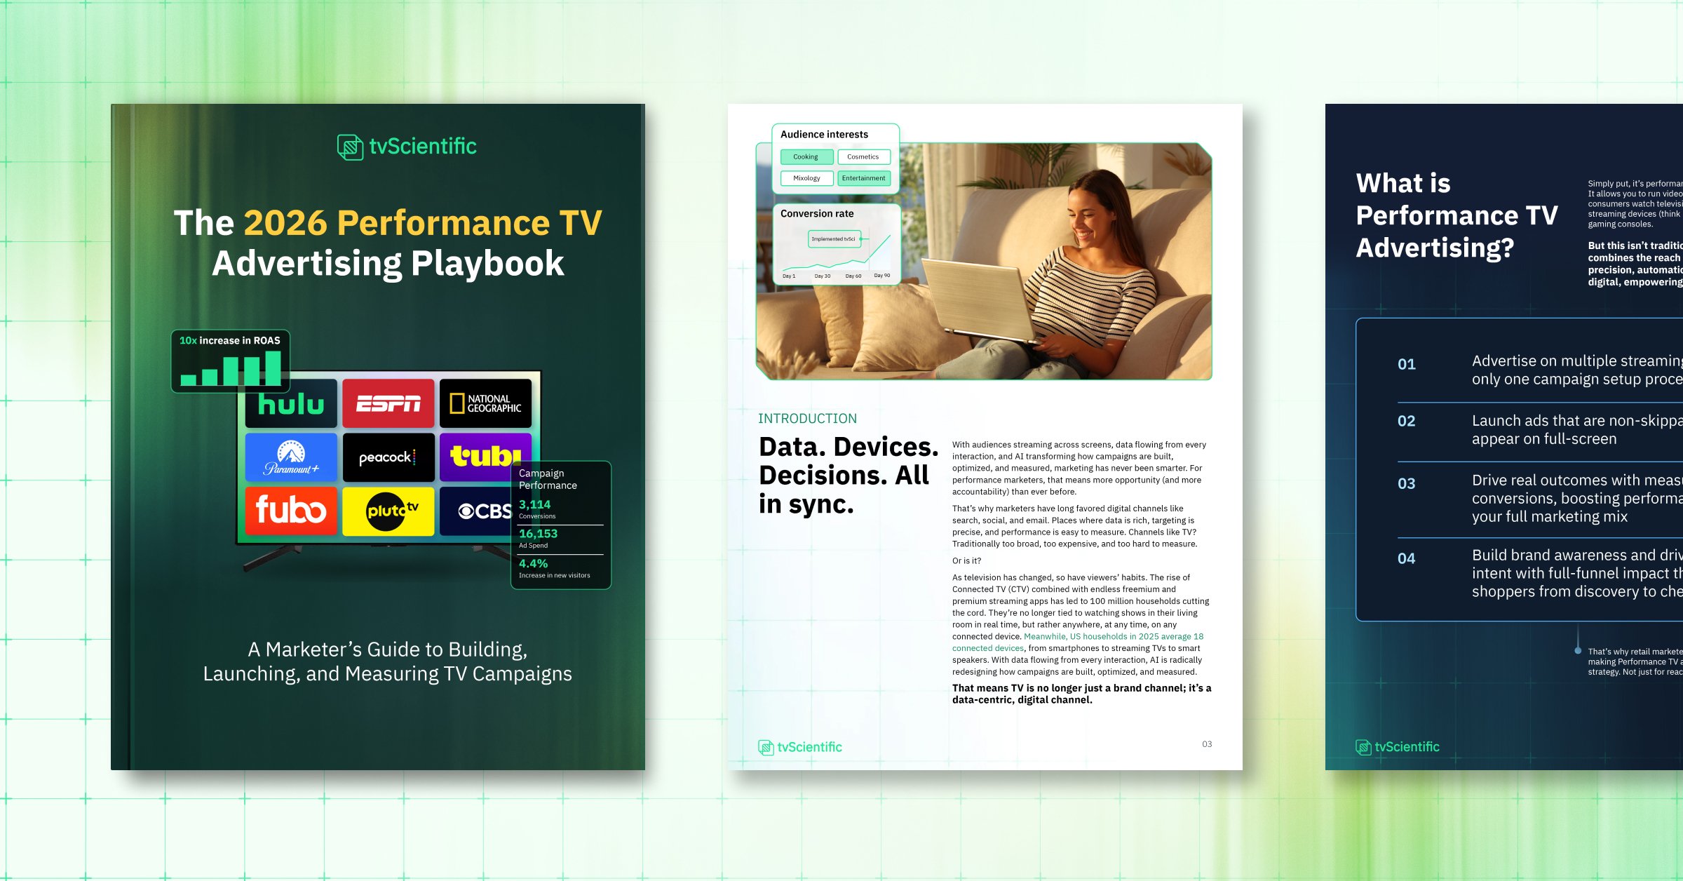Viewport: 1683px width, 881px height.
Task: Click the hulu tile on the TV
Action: coord(291,405)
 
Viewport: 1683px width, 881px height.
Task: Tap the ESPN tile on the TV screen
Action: coord(388,403)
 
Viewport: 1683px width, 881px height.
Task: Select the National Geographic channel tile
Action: coord(485,403)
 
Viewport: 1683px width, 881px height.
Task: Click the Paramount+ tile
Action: coord(291,457)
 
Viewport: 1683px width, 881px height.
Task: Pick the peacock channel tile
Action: coord(388,457)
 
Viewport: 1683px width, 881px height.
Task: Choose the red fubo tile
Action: coord(291,511)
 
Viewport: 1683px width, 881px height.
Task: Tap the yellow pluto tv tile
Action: coord(388,511)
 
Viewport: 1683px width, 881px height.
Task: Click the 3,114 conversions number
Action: coord(534,504)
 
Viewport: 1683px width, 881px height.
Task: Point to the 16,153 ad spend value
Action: coord(538,534)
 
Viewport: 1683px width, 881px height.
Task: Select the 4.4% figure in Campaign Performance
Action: coord(533,563)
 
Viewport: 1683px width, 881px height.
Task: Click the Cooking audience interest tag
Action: coord(806,157)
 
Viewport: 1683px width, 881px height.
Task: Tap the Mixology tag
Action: coord(806,178)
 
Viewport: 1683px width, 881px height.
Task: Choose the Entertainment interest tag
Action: coord(863,178)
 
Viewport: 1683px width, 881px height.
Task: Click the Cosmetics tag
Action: coord(863,157)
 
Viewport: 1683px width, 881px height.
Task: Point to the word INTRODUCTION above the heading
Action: coord(807,419)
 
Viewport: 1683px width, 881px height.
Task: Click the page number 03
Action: coord(1206,744)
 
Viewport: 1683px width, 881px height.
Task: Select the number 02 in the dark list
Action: coord(1406,421)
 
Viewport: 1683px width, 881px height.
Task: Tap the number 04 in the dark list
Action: coord(1406,558)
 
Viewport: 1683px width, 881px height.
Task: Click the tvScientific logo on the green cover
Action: coord(407,147)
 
